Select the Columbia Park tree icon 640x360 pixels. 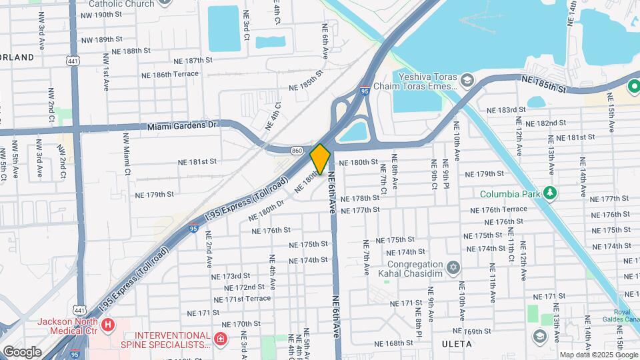click(549, 193)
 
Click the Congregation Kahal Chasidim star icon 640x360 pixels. click(453, 267)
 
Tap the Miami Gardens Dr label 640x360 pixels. click(182, 125)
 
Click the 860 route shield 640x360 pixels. click(297, 151)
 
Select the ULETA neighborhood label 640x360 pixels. click(457, 344)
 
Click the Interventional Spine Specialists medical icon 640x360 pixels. click(221, 340)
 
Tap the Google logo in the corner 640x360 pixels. click(22, 351)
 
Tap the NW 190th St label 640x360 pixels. click(101, 15)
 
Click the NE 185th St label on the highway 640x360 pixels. click(543, 84)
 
